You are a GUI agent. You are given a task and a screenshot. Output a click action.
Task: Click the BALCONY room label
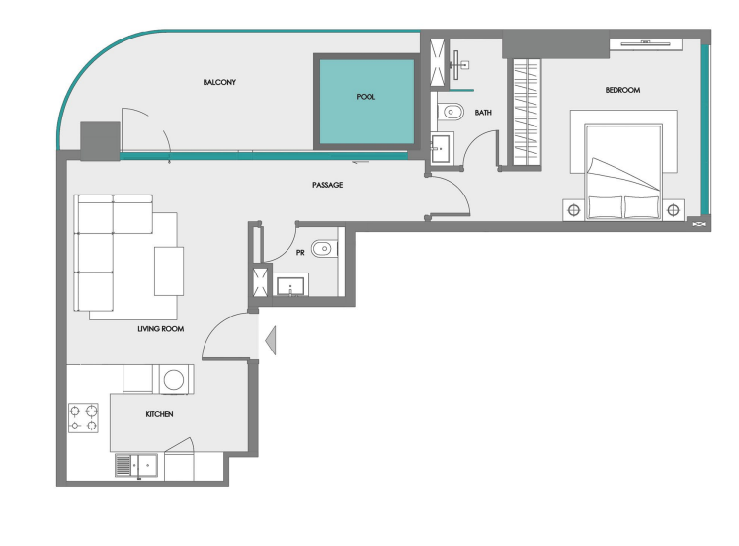click(x=219, y=82)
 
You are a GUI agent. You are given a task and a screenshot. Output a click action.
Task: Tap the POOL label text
click(x=366, y=97)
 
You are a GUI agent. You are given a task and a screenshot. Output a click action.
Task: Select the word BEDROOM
click(x=622, y=90)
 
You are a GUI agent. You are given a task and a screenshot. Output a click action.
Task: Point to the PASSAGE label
click(x=328, y=185)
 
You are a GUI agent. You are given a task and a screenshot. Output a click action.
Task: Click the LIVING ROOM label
click(x=161, y=329)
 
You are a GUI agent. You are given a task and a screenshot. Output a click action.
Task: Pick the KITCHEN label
click(x=159, y=414)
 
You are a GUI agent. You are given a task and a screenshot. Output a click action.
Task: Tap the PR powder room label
click(x=300, y=253)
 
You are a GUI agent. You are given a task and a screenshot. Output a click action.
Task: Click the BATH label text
click(x=483, y=113)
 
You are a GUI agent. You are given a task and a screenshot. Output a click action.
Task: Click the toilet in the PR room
click(x=324, y=248)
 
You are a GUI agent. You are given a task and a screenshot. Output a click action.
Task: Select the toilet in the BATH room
click(x=451, y=113)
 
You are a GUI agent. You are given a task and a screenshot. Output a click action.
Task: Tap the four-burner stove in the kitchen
click(x=83, y=418)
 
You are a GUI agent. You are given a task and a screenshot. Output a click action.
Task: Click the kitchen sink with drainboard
click(x=136, y=465)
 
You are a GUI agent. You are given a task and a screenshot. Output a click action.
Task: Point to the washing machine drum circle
click(x=174, y=380)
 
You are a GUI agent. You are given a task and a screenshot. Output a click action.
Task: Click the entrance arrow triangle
click(x=271, y=340)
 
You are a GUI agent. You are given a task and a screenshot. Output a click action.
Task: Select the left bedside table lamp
click(x=574, y=210)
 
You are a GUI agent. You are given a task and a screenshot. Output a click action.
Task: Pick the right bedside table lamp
click(x=673, y=210)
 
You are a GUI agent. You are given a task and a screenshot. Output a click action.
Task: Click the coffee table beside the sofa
click(x=169, y=272)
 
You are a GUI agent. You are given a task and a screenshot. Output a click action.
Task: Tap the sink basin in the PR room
click(x=290, y=286)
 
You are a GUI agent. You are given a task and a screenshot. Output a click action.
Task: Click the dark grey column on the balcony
click(x=100, y=141)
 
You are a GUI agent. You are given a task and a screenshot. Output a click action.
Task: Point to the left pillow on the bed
click(x=605, y=207)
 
